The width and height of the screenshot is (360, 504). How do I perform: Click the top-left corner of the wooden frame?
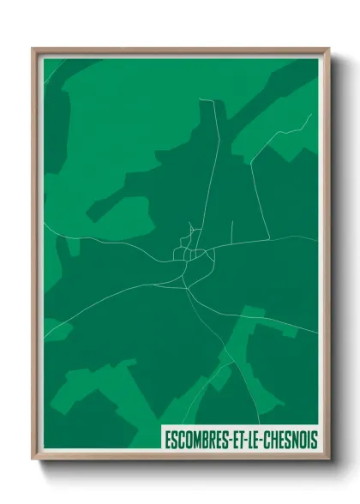click(33, 49)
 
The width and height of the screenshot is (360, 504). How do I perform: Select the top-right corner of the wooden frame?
click(328, 49)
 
